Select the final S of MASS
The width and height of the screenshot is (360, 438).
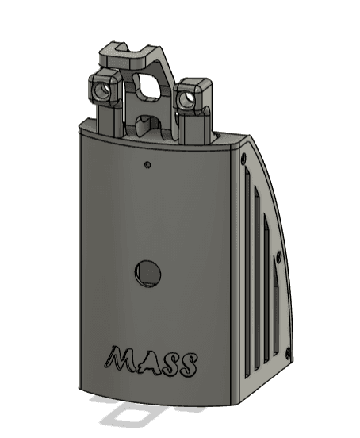tap(189, 364)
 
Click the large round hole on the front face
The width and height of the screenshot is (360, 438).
tap(148, 273)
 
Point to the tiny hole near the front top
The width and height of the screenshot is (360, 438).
tap(148, 164)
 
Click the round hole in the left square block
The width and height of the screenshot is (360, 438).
tap(102, 90)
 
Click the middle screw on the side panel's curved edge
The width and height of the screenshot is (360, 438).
tap(278, 255)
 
